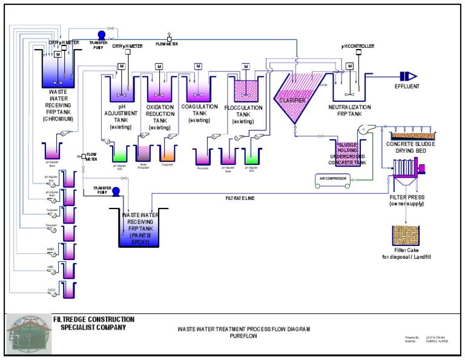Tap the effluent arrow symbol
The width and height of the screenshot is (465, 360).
point(409,76)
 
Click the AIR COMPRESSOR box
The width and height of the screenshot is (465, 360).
point(334,178)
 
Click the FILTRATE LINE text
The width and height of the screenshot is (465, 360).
point(240,198)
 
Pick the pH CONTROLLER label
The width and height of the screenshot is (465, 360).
point(358,45)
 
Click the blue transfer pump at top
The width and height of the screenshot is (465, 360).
point(101,35)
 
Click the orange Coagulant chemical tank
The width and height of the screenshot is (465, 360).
point(167,154)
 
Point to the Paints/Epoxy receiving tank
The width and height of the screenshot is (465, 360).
point(138,230)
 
